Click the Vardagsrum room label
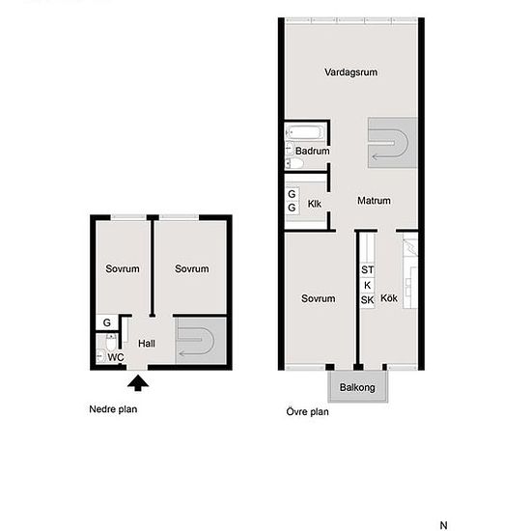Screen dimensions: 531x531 coord(350,72)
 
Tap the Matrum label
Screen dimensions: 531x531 coord(374,201)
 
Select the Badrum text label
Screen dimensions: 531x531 coord(312,151)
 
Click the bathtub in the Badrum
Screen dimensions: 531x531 coord(304,132)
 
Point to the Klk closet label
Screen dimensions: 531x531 coord(315,204)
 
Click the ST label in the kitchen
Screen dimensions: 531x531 coord(368,270)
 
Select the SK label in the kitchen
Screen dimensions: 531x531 coord(368,300)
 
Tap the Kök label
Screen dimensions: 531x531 coord(389,298)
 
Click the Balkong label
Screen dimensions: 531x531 coord(357,387)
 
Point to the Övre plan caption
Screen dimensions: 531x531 coord(307,412)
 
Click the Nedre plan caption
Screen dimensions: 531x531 coord(113,409)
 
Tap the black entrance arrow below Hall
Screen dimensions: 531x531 coord(138,382)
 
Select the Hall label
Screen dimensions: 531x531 coord(147,344)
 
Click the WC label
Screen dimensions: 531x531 coord(116,357)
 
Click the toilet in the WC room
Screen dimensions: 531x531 coord(111,342)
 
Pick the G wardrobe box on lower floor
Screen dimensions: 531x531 coord(106,322)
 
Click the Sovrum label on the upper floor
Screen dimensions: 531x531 coord(318,298)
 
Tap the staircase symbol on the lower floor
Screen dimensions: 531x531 coord(201,341)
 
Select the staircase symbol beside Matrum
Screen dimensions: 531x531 coord(392,143)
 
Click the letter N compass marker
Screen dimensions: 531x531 coord(444,525)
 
